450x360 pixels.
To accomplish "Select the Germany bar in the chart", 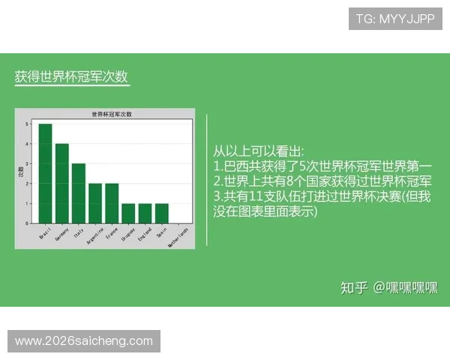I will tap(62, 184).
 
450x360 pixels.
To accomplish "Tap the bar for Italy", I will tap(79, 193).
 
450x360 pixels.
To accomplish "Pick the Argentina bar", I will tap(95, 203).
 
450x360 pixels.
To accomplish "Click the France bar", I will tap(112, 203).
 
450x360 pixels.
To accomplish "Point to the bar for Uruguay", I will tap(128, 214).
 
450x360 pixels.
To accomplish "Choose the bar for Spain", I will tap(161, 214).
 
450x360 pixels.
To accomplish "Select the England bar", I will tap(145, 214).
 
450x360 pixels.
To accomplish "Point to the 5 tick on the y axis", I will tap(26, 124).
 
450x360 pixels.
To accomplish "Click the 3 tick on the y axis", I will tap(26, 163).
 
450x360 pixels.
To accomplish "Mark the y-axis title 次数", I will tap(20, 172).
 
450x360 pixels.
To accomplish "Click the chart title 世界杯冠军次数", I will tap(111, 114).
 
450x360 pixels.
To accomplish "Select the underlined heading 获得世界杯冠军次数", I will tap(71, 77).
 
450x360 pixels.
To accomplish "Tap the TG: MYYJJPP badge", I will tap(395, 19).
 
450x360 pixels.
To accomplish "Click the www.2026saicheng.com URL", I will tap(84, 341).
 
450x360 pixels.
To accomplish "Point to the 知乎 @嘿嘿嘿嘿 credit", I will tap(388, 288).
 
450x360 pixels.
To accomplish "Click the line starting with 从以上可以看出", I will tap(259, 151).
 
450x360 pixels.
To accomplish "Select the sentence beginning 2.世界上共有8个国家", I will tap(322, 181).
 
